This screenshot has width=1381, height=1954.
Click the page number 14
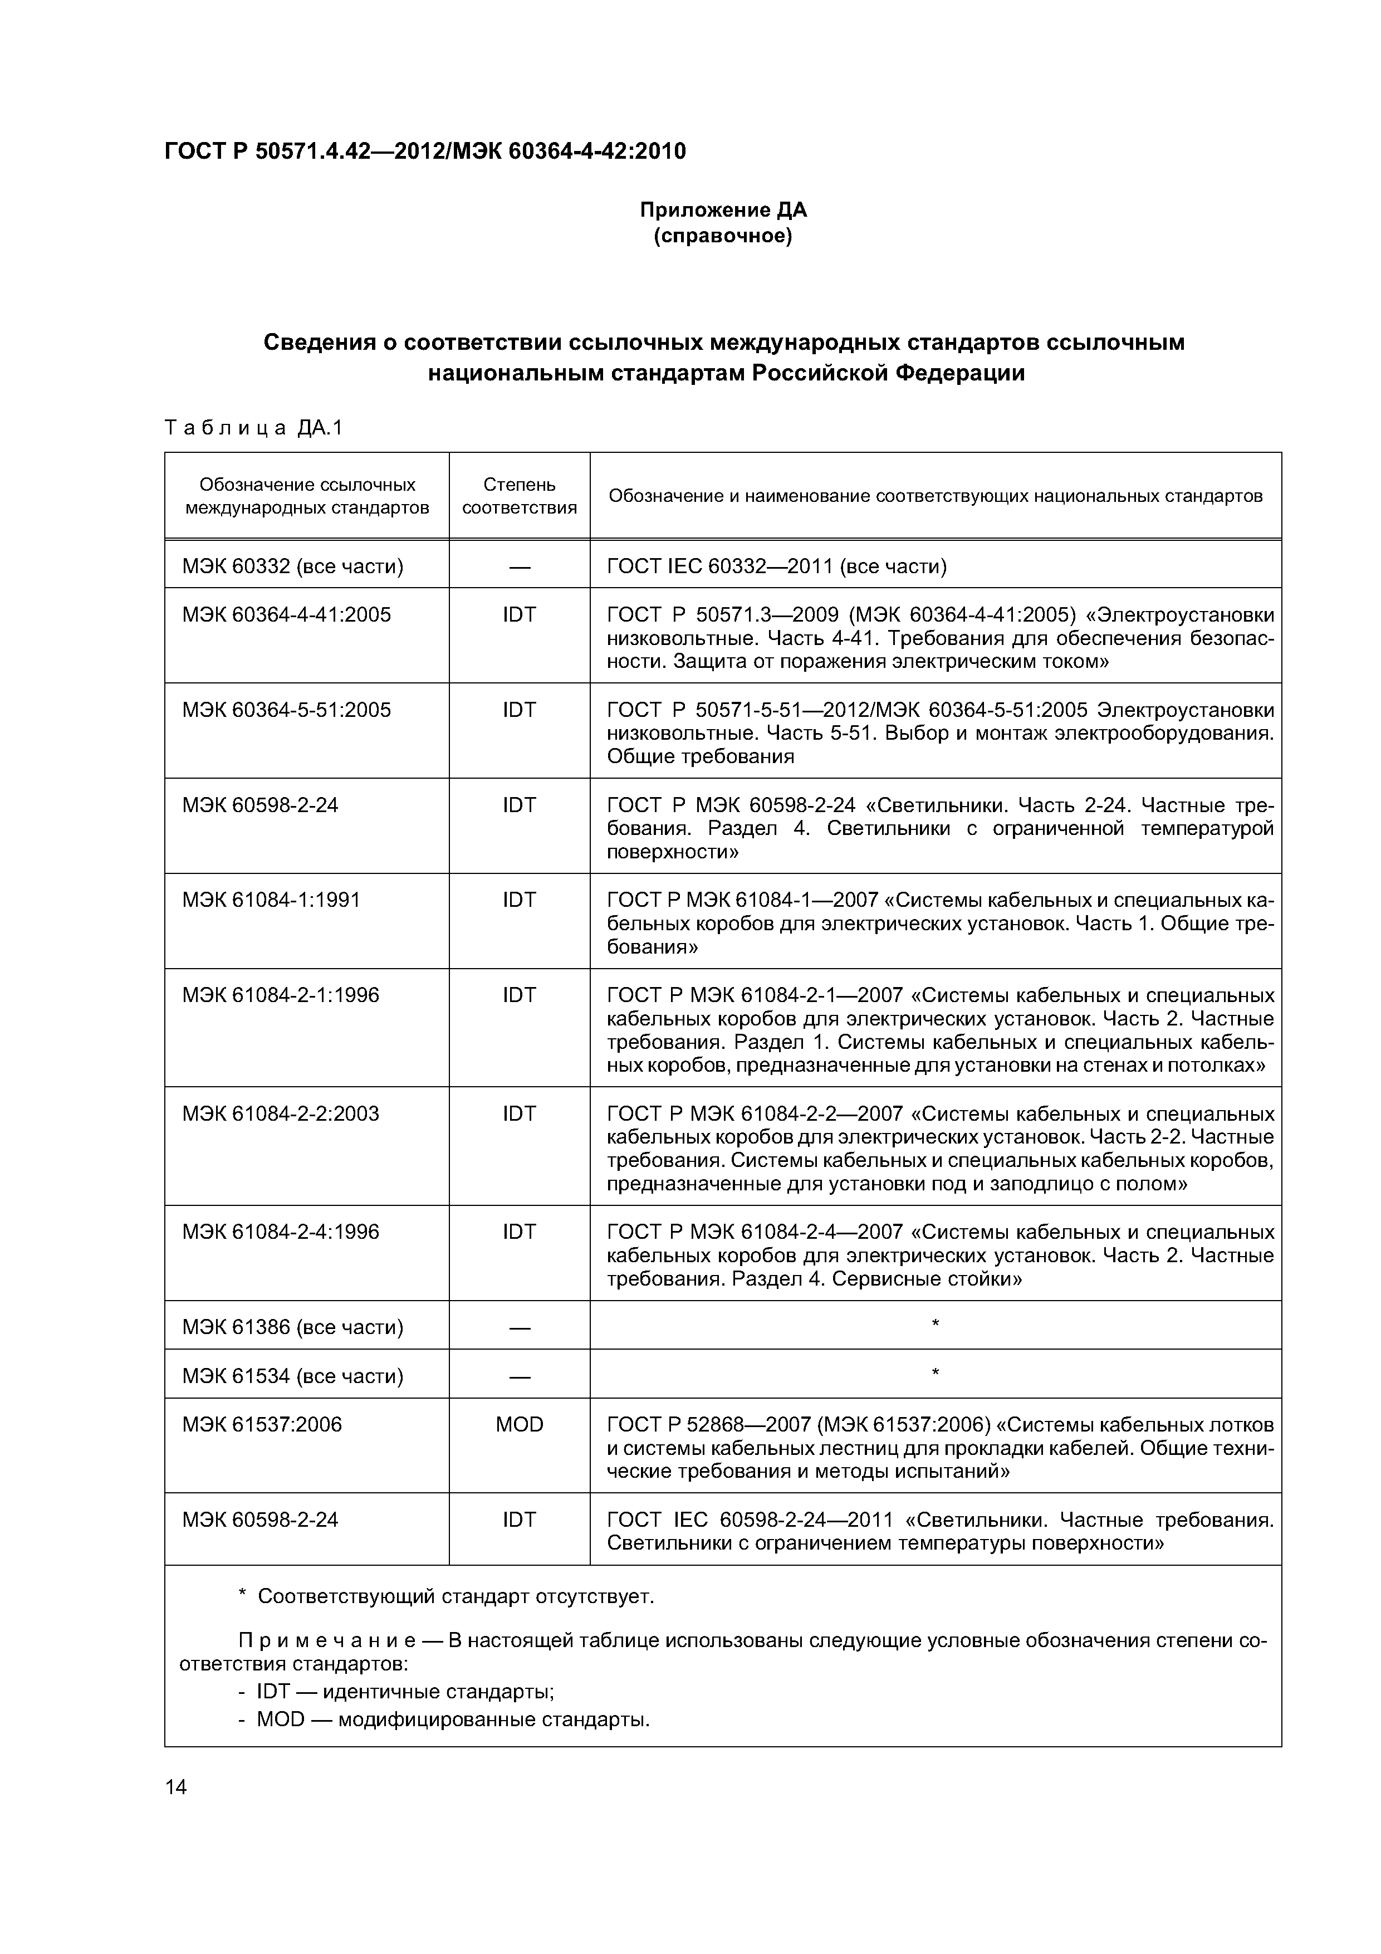pos(176,1786)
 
